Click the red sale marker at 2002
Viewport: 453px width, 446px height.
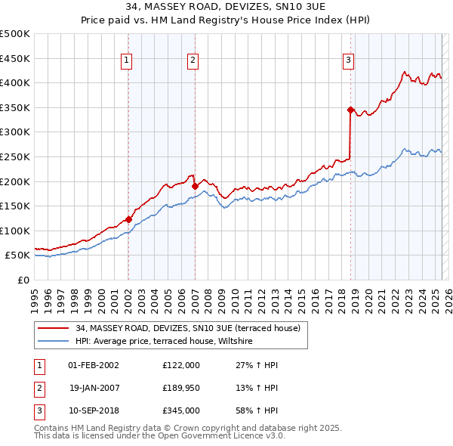click(x=128, y=220)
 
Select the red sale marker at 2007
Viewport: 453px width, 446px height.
click(x=195, y=186)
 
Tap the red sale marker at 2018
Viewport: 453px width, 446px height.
click(x=350, y=110)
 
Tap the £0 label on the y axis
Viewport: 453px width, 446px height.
click(x=23, y=280)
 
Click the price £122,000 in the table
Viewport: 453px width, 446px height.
click(x=181, y=364)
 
